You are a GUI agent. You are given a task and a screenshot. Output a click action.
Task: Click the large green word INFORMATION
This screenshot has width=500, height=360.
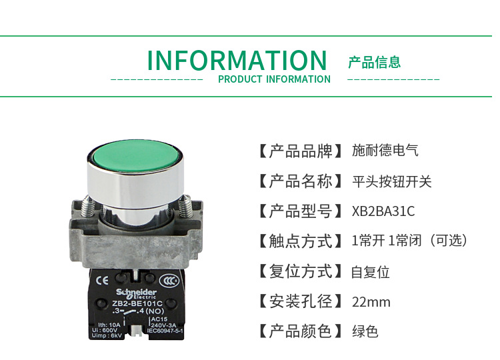pyautogui.click(x=237, y=61)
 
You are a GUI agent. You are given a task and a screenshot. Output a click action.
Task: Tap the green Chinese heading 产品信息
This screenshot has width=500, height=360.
pyautogui.click(x=374, y=63)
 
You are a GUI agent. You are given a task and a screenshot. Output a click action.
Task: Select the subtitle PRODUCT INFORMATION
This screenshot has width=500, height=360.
pyautogui.click(x=274, y=79)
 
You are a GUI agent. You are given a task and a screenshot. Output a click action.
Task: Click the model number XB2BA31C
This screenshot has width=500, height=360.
pyautogui.click(x=383, y=211)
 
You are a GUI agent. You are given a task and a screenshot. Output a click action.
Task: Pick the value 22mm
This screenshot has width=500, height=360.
pyautogui.click(x=371, y=302)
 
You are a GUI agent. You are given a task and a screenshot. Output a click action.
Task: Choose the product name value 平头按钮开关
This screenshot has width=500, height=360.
pyautogui.click(x=392, y=181)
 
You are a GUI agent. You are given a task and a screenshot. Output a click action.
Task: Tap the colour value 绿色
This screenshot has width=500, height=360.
pyautogui.click(x=365, y=331)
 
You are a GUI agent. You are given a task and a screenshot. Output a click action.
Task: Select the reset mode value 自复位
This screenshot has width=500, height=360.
pyautogui.click(x=371, y=272)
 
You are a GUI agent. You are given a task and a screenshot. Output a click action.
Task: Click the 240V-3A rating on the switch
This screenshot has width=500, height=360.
pyautogui.click(x=164, y=327)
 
